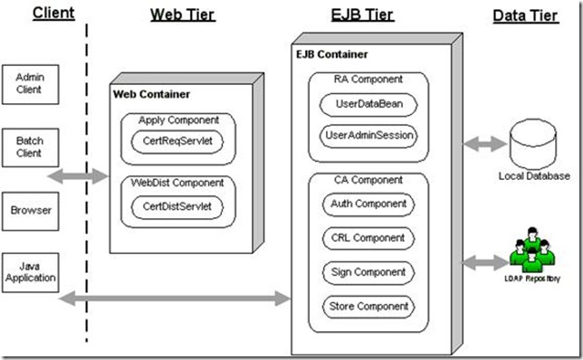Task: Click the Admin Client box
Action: pos(30,84)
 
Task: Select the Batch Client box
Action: pos(30,147)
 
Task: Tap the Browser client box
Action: pos(30,211)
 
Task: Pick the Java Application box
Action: pos(30,272)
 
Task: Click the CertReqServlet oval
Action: pos(177,141)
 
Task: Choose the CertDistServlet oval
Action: pos(177,207)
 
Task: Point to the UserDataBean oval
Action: pos(368,104)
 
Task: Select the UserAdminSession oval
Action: pos(368,136)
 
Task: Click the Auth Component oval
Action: pos(368,204)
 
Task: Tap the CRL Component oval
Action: pos(368,239)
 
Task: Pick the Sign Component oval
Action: pos(368,272)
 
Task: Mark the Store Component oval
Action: pos(368,307)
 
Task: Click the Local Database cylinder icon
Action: pos(533,144)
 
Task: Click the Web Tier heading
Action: pos(183,15)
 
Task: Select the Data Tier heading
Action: pos(526,16)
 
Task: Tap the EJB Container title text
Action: pos(331,54)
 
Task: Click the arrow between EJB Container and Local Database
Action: pos(485,144)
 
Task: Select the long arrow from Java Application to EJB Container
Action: pos(175,298)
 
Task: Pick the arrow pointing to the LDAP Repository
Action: pos(485,262)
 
